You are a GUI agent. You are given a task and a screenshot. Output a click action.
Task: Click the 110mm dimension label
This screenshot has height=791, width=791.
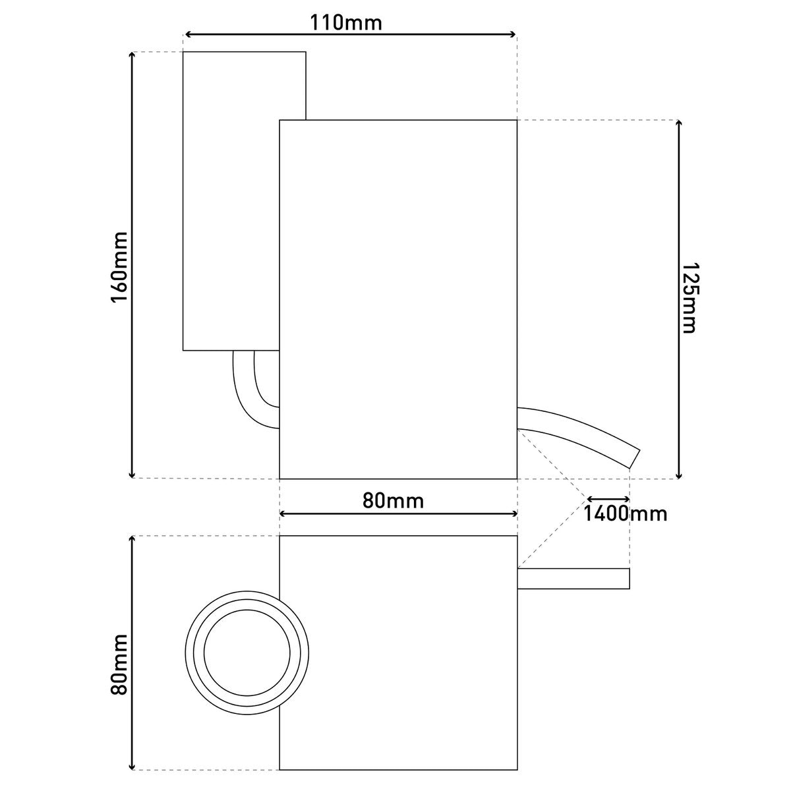click(347, 22)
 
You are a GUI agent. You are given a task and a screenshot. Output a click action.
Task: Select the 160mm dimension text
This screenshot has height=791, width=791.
click(119, 266)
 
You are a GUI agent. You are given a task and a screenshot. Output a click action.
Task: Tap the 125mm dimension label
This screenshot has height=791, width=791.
click(688, 298)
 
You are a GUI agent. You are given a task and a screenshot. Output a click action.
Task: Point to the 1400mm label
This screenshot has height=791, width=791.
click(625, 513)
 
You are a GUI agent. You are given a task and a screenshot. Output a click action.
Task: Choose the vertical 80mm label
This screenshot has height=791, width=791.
click(119, 664)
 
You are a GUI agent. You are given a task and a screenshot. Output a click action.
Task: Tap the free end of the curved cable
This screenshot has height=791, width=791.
click(635, 458)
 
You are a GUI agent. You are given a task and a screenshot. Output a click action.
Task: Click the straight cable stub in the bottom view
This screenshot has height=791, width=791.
click(573, 578)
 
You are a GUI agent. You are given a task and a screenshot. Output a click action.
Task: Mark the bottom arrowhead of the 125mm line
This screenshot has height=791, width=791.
click(679, 475)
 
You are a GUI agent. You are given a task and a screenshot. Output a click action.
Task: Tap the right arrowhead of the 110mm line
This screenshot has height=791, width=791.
click(513, 34)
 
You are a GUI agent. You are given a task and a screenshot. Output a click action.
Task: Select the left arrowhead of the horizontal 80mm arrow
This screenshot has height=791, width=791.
click(284, 513)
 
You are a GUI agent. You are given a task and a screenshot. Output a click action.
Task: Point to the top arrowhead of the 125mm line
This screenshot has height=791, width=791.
click(679, 124)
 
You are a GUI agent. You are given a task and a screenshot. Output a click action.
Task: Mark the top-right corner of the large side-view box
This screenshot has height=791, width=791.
click(517, 120)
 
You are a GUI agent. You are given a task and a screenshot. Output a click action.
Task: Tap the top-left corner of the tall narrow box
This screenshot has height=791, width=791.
click(183, 51)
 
